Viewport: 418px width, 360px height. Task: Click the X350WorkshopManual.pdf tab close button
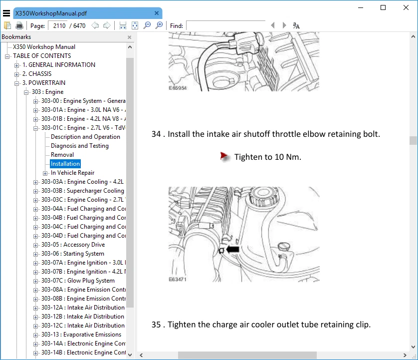(x=157, y=13)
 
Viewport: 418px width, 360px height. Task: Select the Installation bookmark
(x=65, y=164)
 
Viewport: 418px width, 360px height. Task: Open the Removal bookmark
(x=62, y=155)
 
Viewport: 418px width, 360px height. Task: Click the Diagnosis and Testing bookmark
(x=80, y=146)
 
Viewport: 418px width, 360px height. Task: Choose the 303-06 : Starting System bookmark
(x=73, y=254)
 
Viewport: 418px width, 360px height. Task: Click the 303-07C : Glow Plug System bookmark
(x=78, y=281)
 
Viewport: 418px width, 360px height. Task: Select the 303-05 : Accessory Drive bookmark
(x=73, y=245)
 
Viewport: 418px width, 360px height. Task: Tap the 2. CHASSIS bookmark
(x=36, y=74)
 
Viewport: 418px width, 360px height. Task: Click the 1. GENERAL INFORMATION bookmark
(x=58, y=65)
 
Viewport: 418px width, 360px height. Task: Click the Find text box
(x=225, y=25)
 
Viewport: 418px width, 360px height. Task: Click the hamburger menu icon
(x=6, y=13)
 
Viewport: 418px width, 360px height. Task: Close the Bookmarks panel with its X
(x=130, y=37)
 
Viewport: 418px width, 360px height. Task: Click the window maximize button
(x=383, y=7)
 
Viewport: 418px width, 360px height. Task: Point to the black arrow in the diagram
(x=232, y=249)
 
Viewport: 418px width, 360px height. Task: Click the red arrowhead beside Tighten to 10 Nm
(x=225, y=157)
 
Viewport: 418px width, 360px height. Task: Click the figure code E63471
(x=178, y=279)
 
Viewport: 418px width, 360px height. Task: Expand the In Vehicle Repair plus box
(x=45, y=173)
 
